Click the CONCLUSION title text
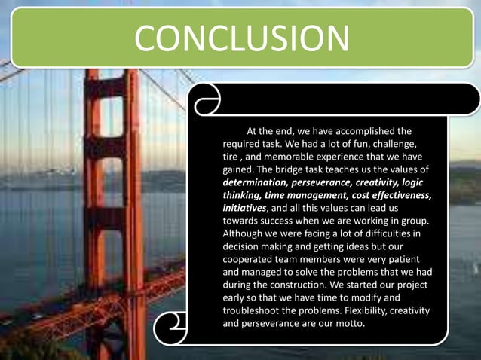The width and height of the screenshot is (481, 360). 241,38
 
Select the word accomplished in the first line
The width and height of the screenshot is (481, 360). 356,130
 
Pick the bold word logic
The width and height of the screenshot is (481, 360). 418,182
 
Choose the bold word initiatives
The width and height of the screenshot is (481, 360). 244,208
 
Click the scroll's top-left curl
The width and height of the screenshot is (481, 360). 205,99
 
